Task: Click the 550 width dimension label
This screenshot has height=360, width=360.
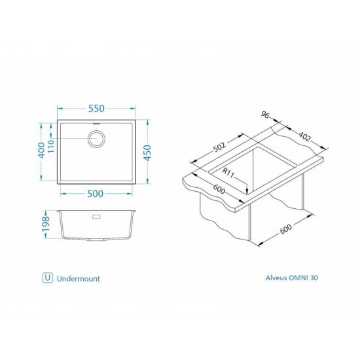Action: click(x=97, y=107)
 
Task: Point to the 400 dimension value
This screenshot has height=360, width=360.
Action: click(x=43, y=150)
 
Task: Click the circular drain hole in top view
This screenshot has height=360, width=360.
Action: click(x=97, y=138)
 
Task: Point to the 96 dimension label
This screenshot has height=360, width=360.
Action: click(x=265, y=115)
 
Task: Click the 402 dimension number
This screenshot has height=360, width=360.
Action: click(x=304, y=137)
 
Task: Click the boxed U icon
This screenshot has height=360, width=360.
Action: click(x=47, y=278)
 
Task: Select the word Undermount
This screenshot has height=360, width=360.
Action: click(x=79, y=278)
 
